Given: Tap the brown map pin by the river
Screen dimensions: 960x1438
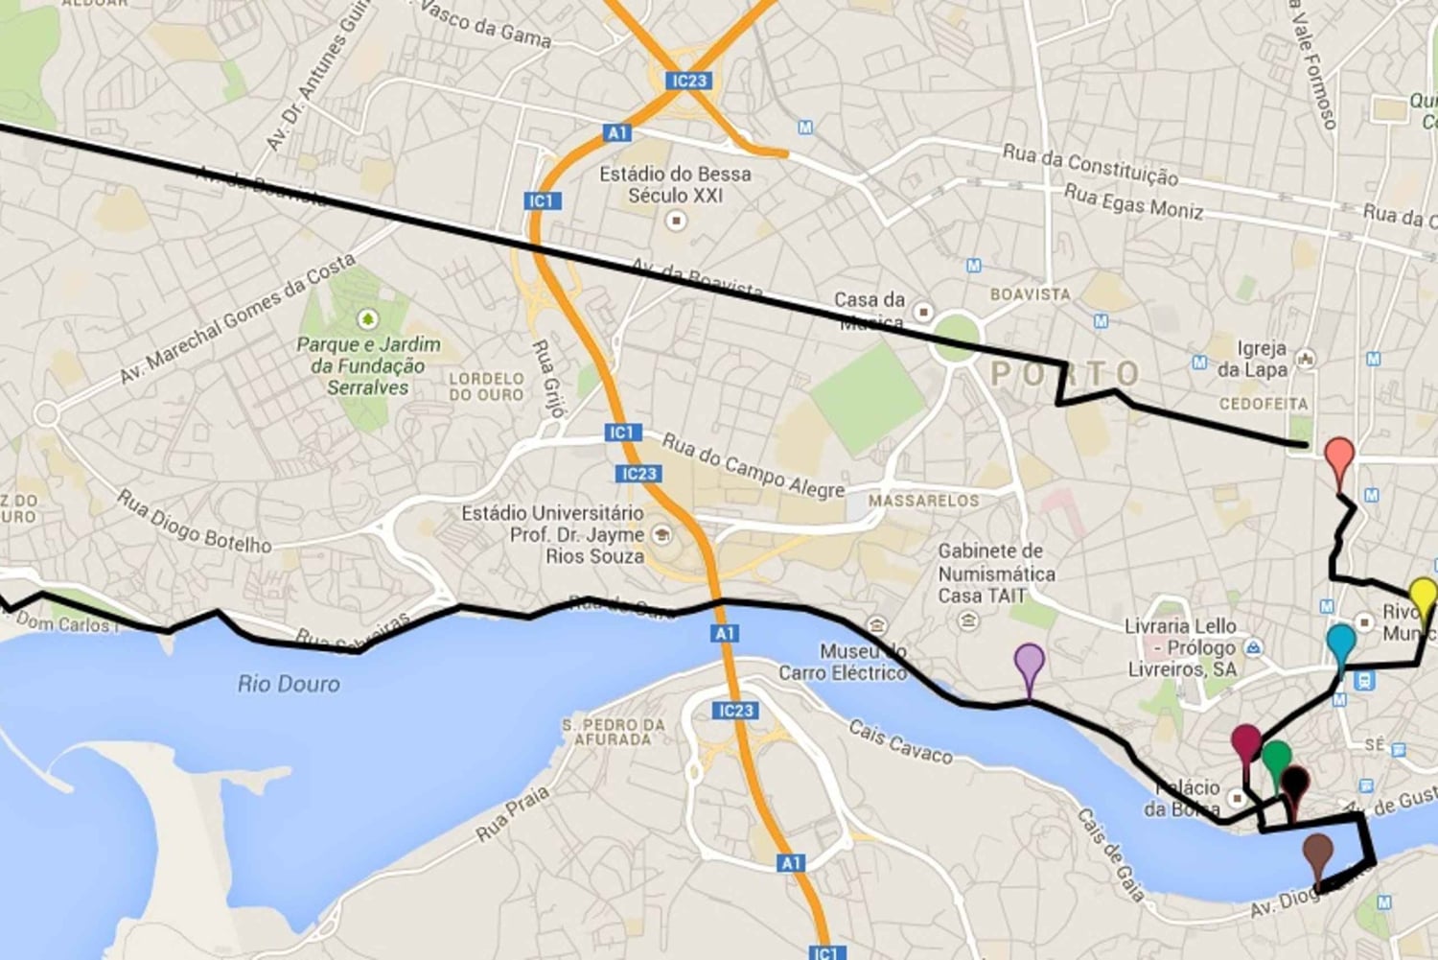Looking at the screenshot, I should point(1318,853).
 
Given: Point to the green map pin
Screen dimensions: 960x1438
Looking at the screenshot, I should point(1275,759).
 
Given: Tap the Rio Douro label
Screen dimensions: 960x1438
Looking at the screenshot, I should point(289,684).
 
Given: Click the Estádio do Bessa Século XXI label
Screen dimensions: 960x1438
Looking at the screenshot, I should point(675,184).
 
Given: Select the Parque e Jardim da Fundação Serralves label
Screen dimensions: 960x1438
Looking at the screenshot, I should point(368,365).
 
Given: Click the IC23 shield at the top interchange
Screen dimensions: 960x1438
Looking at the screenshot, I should point(689,81).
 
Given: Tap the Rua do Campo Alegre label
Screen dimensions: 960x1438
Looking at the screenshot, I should point(754,465).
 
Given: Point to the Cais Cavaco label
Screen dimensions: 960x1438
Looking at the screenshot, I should point(901,741).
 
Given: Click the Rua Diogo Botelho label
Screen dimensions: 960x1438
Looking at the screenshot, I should point(194,522).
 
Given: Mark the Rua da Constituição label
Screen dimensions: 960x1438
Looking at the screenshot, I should point(1090,163).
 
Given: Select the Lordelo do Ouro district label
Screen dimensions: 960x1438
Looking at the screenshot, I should point(487,386).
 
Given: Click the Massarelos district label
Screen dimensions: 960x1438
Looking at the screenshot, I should point(923,501).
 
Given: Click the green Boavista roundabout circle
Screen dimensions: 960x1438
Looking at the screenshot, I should point(956,336).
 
